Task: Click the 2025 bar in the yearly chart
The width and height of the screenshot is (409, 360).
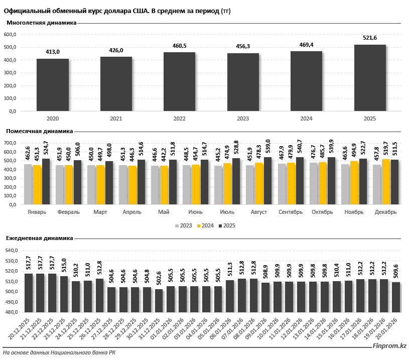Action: point(370,78)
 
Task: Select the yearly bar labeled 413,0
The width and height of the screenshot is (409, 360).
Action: point(53,85)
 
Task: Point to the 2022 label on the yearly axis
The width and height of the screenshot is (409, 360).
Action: point(180,118)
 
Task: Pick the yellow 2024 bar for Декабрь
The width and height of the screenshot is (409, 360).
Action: point(385,182)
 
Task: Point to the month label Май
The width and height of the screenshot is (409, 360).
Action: point(164,212)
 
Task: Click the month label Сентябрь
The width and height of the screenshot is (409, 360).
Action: point(291,212)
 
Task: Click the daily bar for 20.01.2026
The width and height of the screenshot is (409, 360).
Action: point(396,297)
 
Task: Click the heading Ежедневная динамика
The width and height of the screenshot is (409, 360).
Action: point(40,238)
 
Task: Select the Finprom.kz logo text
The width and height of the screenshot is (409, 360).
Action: point(389,346)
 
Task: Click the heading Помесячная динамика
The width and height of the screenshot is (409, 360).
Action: point(39,131)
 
